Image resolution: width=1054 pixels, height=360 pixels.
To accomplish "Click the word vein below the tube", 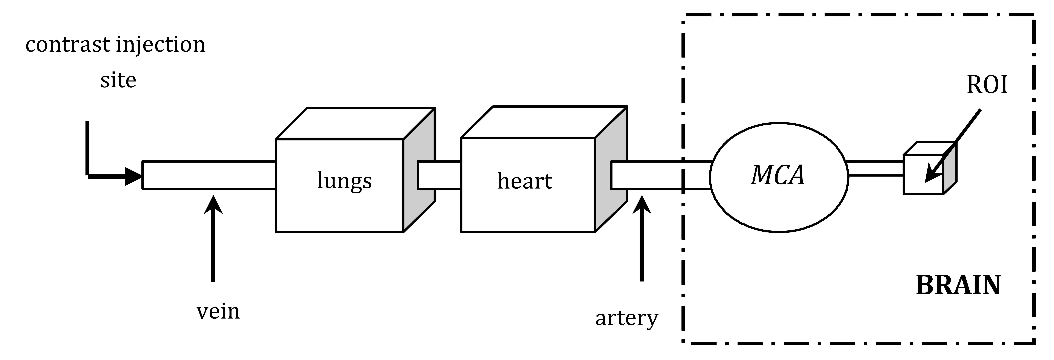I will pyautogui.click(x=218, y=312).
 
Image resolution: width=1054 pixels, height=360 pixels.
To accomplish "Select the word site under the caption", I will pyautogui.click(x=118, y=80).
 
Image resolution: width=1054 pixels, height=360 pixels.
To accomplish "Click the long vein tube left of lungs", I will pyautogui.click(x=209, y=175).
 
